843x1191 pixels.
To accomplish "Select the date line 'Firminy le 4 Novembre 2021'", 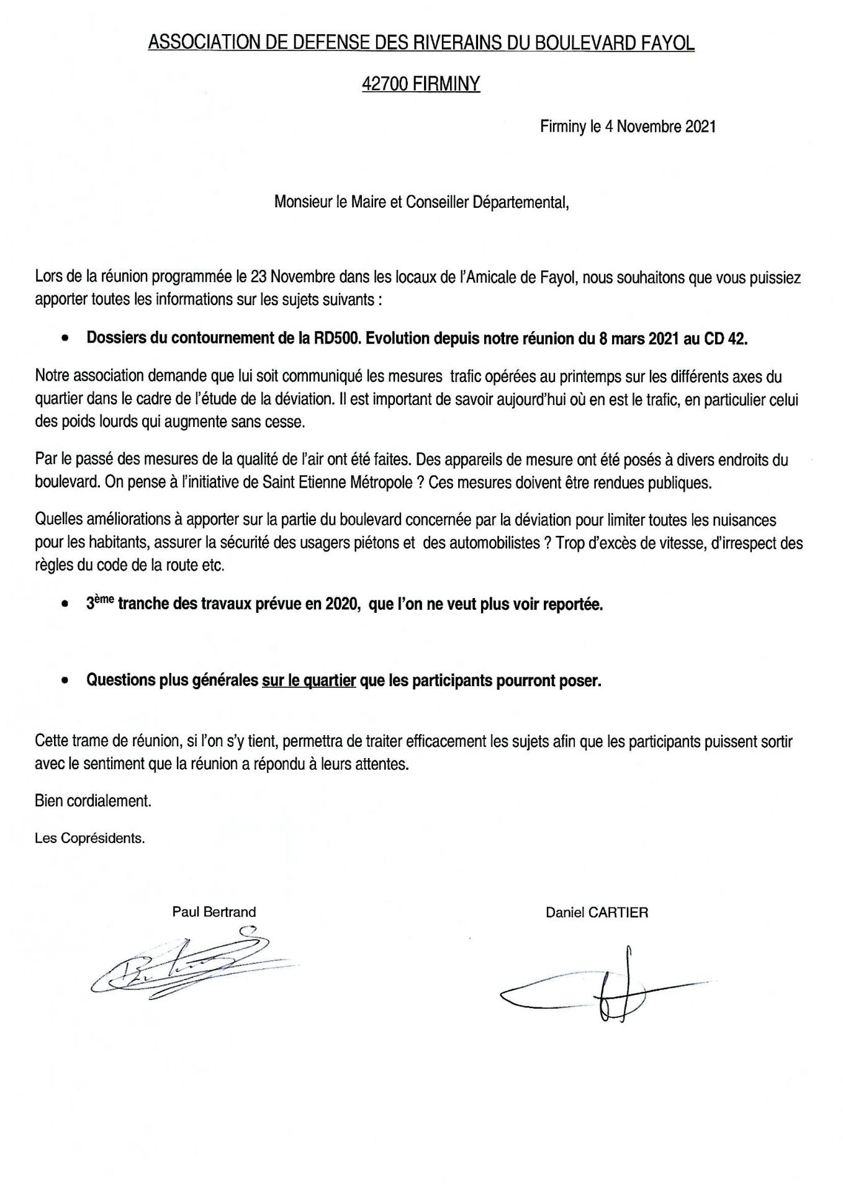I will [628, 127].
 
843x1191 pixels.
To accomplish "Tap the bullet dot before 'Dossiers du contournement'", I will [65, 340].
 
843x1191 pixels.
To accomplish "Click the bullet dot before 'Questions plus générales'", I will [65, 681].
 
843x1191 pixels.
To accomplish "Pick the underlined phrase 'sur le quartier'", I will [309, 680].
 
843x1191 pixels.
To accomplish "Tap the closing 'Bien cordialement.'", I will [93, 801].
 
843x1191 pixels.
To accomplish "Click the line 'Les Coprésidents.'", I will [90, 838].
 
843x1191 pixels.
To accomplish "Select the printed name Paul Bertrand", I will [214, 912].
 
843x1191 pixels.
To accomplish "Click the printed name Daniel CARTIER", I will [597, 912].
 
